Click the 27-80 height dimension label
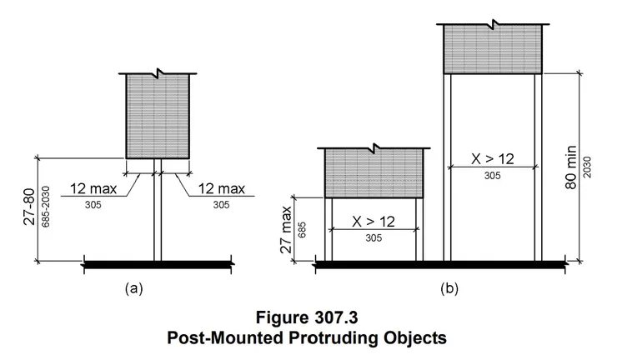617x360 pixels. pos(29,207)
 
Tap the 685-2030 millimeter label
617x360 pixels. pos(46,207)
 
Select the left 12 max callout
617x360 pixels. pos(93,189)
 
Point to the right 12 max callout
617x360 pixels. pos(221,189)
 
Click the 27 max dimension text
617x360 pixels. pos(286,229)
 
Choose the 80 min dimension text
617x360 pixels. pos(571,167)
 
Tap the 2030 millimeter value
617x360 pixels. pos(587,167)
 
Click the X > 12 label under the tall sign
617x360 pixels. pos(493,159)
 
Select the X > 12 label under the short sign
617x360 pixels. pos(374,222)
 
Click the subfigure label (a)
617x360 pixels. pos(133,288)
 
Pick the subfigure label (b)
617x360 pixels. pos(449,288)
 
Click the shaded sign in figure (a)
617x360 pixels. pos(158,117)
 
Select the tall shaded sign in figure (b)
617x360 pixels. pos(493,49)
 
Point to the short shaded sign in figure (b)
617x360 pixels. pos(374,173)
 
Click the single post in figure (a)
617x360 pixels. pos(158,210)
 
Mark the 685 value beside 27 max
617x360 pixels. pos(302,230)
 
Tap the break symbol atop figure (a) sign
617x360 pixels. pos(158,72)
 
